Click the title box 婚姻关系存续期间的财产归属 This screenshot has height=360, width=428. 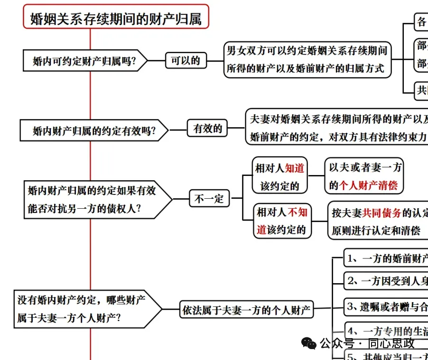116,18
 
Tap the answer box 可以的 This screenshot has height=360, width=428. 186,60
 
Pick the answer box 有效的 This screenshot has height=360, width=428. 207,128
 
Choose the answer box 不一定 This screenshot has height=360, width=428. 209,198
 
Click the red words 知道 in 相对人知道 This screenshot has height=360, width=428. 295,168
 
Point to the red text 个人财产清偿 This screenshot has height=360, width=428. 369,185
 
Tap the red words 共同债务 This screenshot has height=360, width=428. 382,213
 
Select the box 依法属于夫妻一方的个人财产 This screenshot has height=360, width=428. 246,310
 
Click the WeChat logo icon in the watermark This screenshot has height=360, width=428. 309,342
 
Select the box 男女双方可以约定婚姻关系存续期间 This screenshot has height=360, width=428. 307,59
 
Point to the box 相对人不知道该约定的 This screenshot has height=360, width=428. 282,221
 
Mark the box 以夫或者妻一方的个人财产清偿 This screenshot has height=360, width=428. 364,176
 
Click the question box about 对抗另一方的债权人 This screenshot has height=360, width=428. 91,199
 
